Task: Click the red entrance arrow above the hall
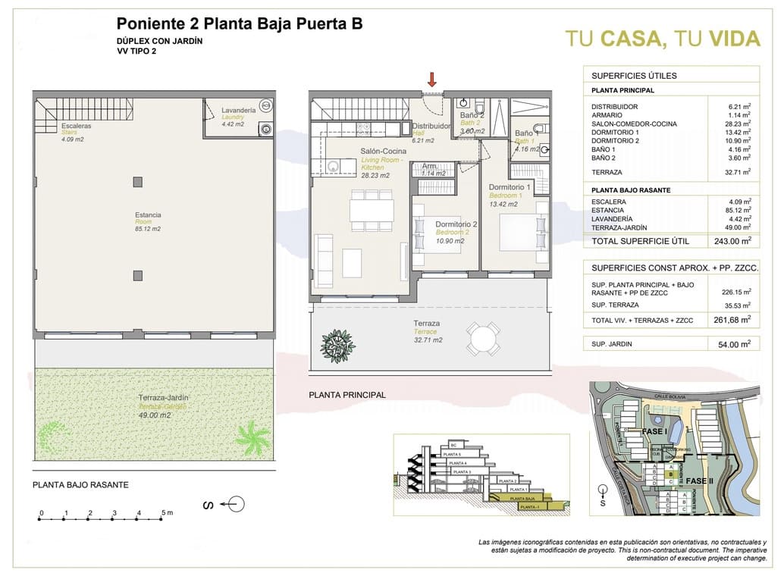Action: tap(432, 79)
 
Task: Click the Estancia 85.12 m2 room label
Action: tap(147, 221)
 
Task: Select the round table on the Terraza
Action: tap(482, 338)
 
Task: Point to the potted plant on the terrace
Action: tap(337, 345)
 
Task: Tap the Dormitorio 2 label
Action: tap(456, 224)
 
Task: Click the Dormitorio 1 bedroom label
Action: tap(510, 186)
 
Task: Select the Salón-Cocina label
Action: tap(383, 152)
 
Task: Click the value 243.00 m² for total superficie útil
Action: tap(734, 241)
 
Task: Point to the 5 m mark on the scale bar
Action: tap(164, 513)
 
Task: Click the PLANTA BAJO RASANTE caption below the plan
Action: tap(80, 485)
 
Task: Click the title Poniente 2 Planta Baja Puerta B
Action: tap(239, 23)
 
